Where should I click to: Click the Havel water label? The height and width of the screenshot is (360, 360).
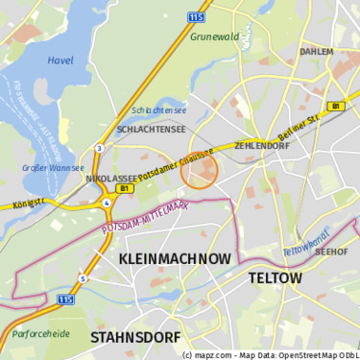pos(60,60)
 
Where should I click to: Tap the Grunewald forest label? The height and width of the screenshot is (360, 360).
pos(213,36)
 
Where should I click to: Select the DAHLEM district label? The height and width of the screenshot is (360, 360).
pos(316,52)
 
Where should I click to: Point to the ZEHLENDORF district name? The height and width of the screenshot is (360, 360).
pos(261,146)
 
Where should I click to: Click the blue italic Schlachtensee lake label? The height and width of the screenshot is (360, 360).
pos(158,110)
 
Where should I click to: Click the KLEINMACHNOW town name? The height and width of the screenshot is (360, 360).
pos(175,259)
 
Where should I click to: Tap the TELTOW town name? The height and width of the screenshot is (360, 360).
pos(275,278)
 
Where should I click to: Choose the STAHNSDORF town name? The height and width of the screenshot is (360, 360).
pos(134,338)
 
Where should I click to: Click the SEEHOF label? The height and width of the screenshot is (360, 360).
pos(331,252)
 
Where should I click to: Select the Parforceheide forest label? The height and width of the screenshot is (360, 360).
pos(40,334)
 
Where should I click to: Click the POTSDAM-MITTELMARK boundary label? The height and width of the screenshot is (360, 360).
pos(145,218)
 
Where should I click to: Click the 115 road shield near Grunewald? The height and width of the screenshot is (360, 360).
pos(197,16)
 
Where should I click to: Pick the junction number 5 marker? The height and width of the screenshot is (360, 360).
pos(83,278)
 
